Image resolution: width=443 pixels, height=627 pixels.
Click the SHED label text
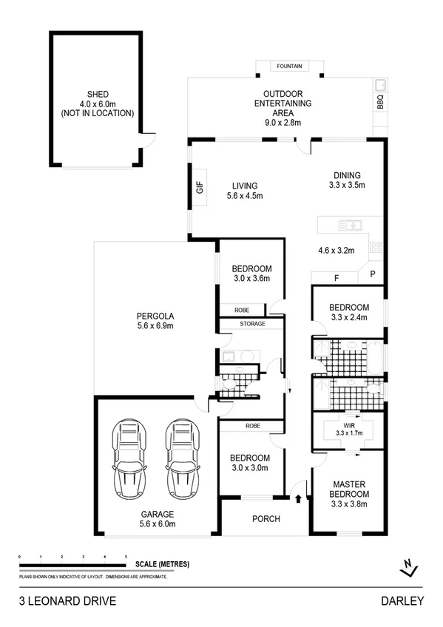coord(98,94)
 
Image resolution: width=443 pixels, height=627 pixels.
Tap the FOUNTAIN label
coord(289,67)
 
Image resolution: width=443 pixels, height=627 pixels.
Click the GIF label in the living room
coord(199,188)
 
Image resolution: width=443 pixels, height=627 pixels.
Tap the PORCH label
coord(266,518)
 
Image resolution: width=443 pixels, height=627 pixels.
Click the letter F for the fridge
coord(337,279)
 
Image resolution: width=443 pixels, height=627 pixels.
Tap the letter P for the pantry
coord(372,274)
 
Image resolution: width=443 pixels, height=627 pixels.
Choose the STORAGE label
coord(251,324)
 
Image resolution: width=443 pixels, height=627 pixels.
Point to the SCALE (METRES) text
coord(162,564)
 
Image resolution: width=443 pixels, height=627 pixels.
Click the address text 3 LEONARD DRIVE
coord(67,601)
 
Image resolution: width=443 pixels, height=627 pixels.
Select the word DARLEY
coord(403,601)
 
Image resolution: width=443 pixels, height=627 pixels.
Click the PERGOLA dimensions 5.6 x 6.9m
coord(155,325)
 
